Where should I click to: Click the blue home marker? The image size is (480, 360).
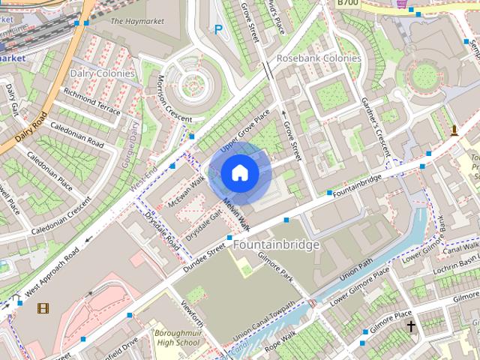tap(239, 173)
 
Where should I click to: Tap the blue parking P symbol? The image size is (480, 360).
tap(218, 30)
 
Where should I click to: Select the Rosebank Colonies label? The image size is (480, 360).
tap(319, 58)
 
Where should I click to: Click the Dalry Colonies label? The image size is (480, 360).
tap(102, 73)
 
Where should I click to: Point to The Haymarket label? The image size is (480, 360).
tap(137, 21)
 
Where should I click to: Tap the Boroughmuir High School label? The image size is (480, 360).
tap(177, 337)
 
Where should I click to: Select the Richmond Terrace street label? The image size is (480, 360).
tap(91, 101)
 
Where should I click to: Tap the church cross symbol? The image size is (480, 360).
tap(411, 326)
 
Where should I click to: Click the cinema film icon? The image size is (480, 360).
tap(43, 307)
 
